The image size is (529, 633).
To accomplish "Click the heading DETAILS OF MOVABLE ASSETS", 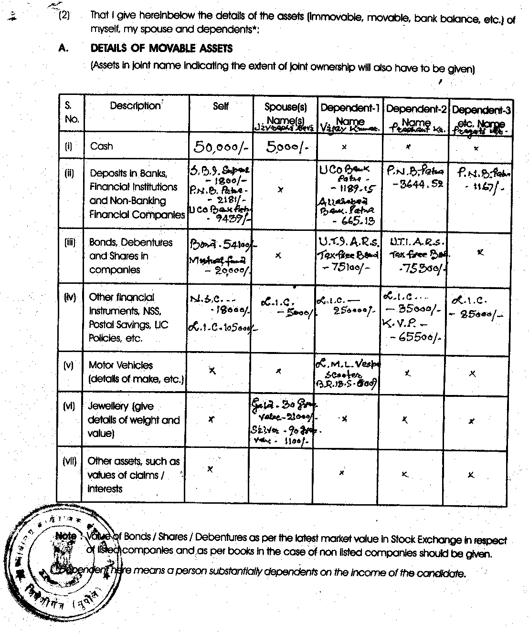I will [161, 48].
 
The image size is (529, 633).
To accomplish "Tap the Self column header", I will [221, 106].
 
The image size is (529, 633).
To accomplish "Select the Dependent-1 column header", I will [350, 108].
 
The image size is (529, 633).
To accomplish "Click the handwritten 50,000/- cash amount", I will [221, 147].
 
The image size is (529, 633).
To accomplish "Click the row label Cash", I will [101, 146].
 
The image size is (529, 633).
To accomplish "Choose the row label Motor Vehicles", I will [121, 365].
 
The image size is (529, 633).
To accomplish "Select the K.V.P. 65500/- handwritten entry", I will [412, 331].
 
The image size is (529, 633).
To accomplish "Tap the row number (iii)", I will [70, 242].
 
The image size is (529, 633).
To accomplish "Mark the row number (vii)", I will [70, 461].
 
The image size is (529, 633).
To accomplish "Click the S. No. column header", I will [71, 113].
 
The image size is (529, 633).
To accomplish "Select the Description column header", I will [135, 106].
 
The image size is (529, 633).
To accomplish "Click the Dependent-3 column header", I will [481, 110].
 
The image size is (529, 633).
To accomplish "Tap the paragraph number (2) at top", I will [64, 16].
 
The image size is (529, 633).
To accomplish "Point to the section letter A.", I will [62, 48].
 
